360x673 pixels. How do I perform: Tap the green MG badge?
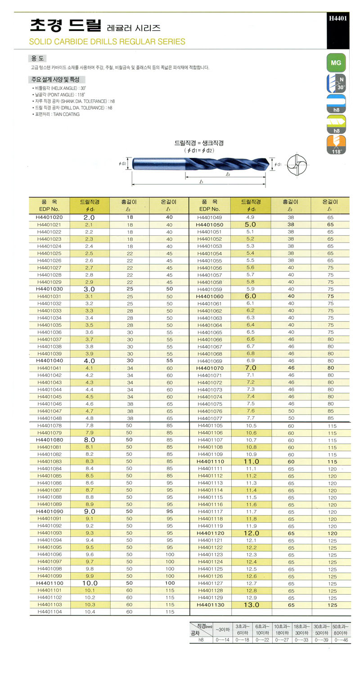pos(336,63)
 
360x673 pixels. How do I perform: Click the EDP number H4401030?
pos(49,289)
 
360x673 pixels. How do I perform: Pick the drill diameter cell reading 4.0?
pos(89,361)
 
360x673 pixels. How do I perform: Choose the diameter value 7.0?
pos(250,368)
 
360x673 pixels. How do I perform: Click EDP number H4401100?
pos(49,583)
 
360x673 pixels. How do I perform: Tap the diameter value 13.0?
pos(251,605)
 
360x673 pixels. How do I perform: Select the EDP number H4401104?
pos(49,612)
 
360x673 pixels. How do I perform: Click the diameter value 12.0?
pos(251,533)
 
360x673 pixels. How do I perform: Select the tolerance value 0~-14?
pos(222,640)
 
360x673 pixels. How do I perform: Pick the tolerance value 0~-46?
pos(341,640)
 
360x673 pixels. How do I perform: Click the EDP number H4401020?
pos(49,217)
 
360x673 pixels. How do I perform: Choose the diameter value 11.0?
pos(251,462)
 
